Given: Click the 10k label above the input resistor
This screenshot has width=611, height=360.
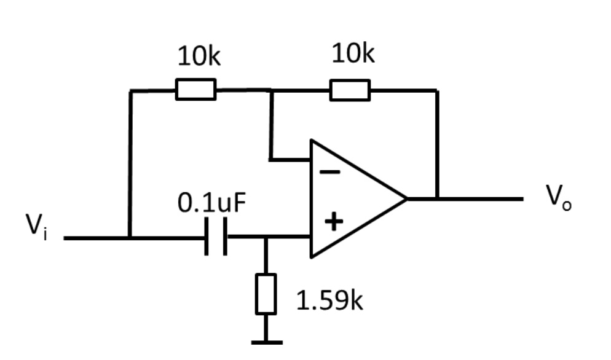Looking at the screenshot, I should click(x=199, y=57).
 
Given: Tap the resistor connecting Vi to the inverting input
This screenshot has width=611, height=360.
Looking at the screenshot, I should click(x=196, y=90).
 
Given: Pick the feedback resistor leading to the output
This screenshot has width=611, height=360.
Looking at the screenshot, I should click(x=350, y=90).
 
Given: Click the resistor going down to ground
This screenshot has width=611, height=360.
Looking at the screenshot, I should click(x=266, y=294).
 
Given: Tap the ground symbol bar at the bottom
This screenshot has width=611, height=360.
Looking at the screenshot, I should click(x=266, y=342).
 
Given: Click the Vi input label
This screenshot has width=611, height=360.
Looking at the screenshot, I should click(x=36, y=227).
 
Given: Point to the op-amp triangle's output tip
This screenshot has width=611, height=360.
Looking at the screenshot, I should click(x=406, y=198).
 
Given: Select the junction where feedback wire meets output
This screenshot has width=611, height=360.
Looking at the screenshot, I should click(x=437, y=198).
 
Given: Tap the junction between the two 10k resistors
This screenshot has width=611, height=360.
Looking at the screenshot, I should click(x=271, y=90).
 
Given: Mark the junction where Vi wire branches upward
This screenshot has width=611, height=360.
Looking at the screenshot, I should click(x=130, y=237).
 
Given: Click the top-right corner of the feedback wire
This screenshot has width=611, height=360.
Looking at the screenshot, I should click(x=437, y=90).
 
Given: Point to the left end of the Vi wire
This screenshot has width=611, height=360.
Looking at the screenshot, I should click(x=65, y=237).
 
